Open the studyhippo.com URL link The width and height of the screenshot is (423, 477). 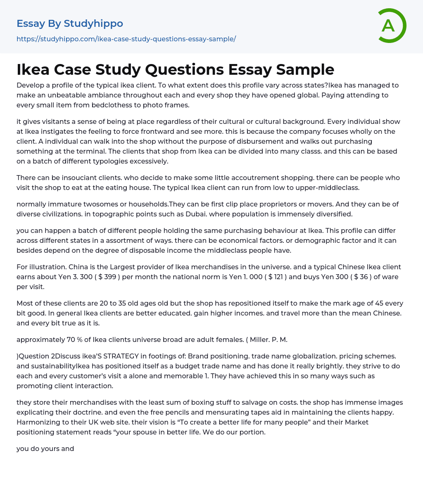[126, 39]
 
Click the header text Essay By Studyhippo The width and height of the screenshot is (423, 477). [70, 24]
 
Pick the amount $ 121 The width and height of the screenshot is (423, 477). [273, 277]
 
